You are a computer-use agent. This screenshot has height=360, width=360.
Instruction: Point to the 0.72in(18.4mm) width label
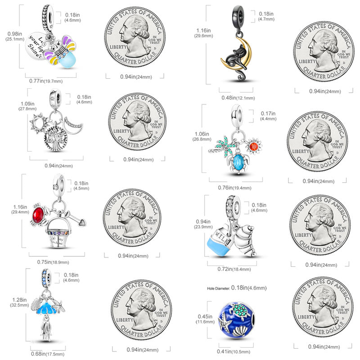pos(231,269)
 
